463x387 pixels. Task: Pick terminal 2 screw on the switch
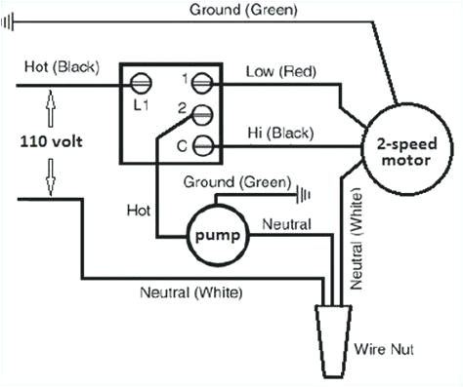203,114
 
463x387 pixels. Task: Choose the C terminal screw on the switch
204,146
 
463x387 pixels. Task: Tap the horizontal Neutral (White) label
191,291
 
